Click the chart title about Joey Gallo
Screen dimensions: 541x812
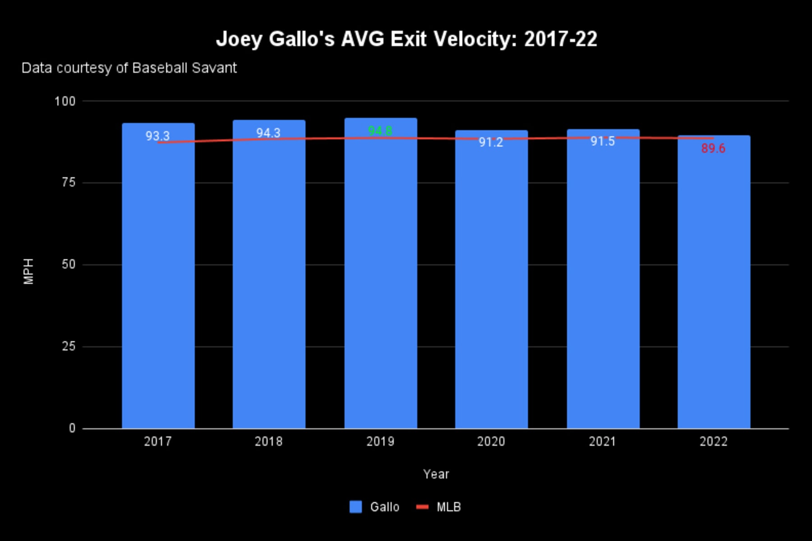(406, 39)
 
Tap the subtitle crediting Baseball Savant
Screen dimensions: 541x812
(129, 68)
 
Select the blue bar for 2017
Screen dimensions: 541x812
(158, 280)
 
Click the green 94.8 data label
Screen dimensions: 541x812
(380, 131)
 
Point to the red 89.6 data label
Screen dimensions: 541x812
(713, 148)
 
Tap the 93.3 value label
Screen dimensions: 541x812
(157, 136)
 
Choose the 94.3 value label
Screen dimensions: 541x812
(268, 133)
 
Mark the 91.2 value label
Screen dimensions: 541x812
(491, 142)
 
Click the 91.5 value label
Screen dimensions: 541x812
(603, 142)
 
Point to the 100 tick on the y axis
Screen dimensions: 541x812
(65, 101)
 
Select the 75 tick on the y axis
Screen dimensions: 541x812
(68, 183)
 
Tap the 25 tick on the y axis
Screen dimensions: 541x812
(68, 346)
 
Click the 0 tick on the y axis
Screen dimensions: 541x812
(72, 428)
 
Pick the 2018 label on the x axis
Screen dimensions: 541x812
(268, 441)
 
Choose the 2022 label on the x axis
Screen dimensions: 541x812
(713, 441)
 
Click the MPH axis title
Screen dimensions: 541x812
(28, 271)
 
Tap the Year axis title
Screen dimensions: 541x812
(436, 474)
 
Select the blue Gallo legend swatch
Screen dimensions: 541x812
(355, 507)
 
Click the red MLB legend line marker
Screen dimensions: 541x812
(422, 507)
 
